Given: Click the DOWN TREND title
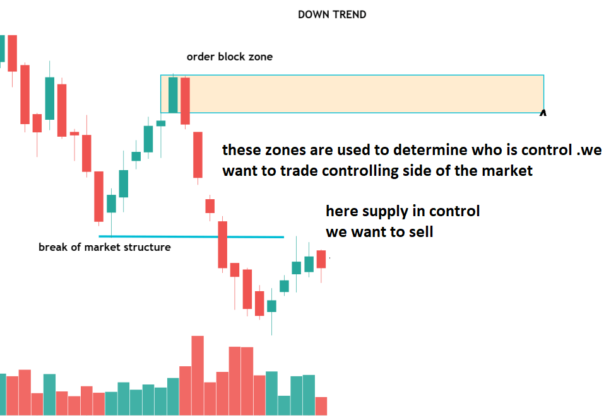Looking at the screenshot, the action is coord(332,14).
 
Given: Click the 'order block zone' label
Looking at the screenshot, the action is coord(230,57).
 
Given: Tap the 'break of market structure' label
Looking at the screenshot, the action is coord(105,247).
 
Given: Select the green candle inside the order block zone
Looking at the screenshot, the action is coord(173,95).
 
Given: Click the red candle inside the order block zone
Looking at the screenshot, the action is coord(185,101).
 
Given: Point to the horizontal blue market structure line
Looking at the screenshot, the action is coord(191,236).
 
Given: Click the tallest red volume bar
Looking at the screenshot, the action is coord(198,375).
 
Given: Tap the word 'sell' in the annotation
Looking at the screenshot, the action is coord(421,232).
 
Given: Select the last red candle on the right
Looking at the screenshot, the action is coord(321,260).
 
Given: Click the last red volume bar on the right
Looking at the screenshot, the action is coord(321,406).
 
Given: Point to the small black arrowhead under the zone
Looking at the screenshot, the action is coord(543,113).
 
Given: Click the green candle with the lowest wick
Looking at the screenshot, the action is coord(271,306).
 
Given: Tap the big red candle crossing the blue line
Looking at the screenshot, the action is coord(222,245).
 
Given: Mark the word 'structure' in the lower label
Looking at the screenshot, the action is coord(147,247).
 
